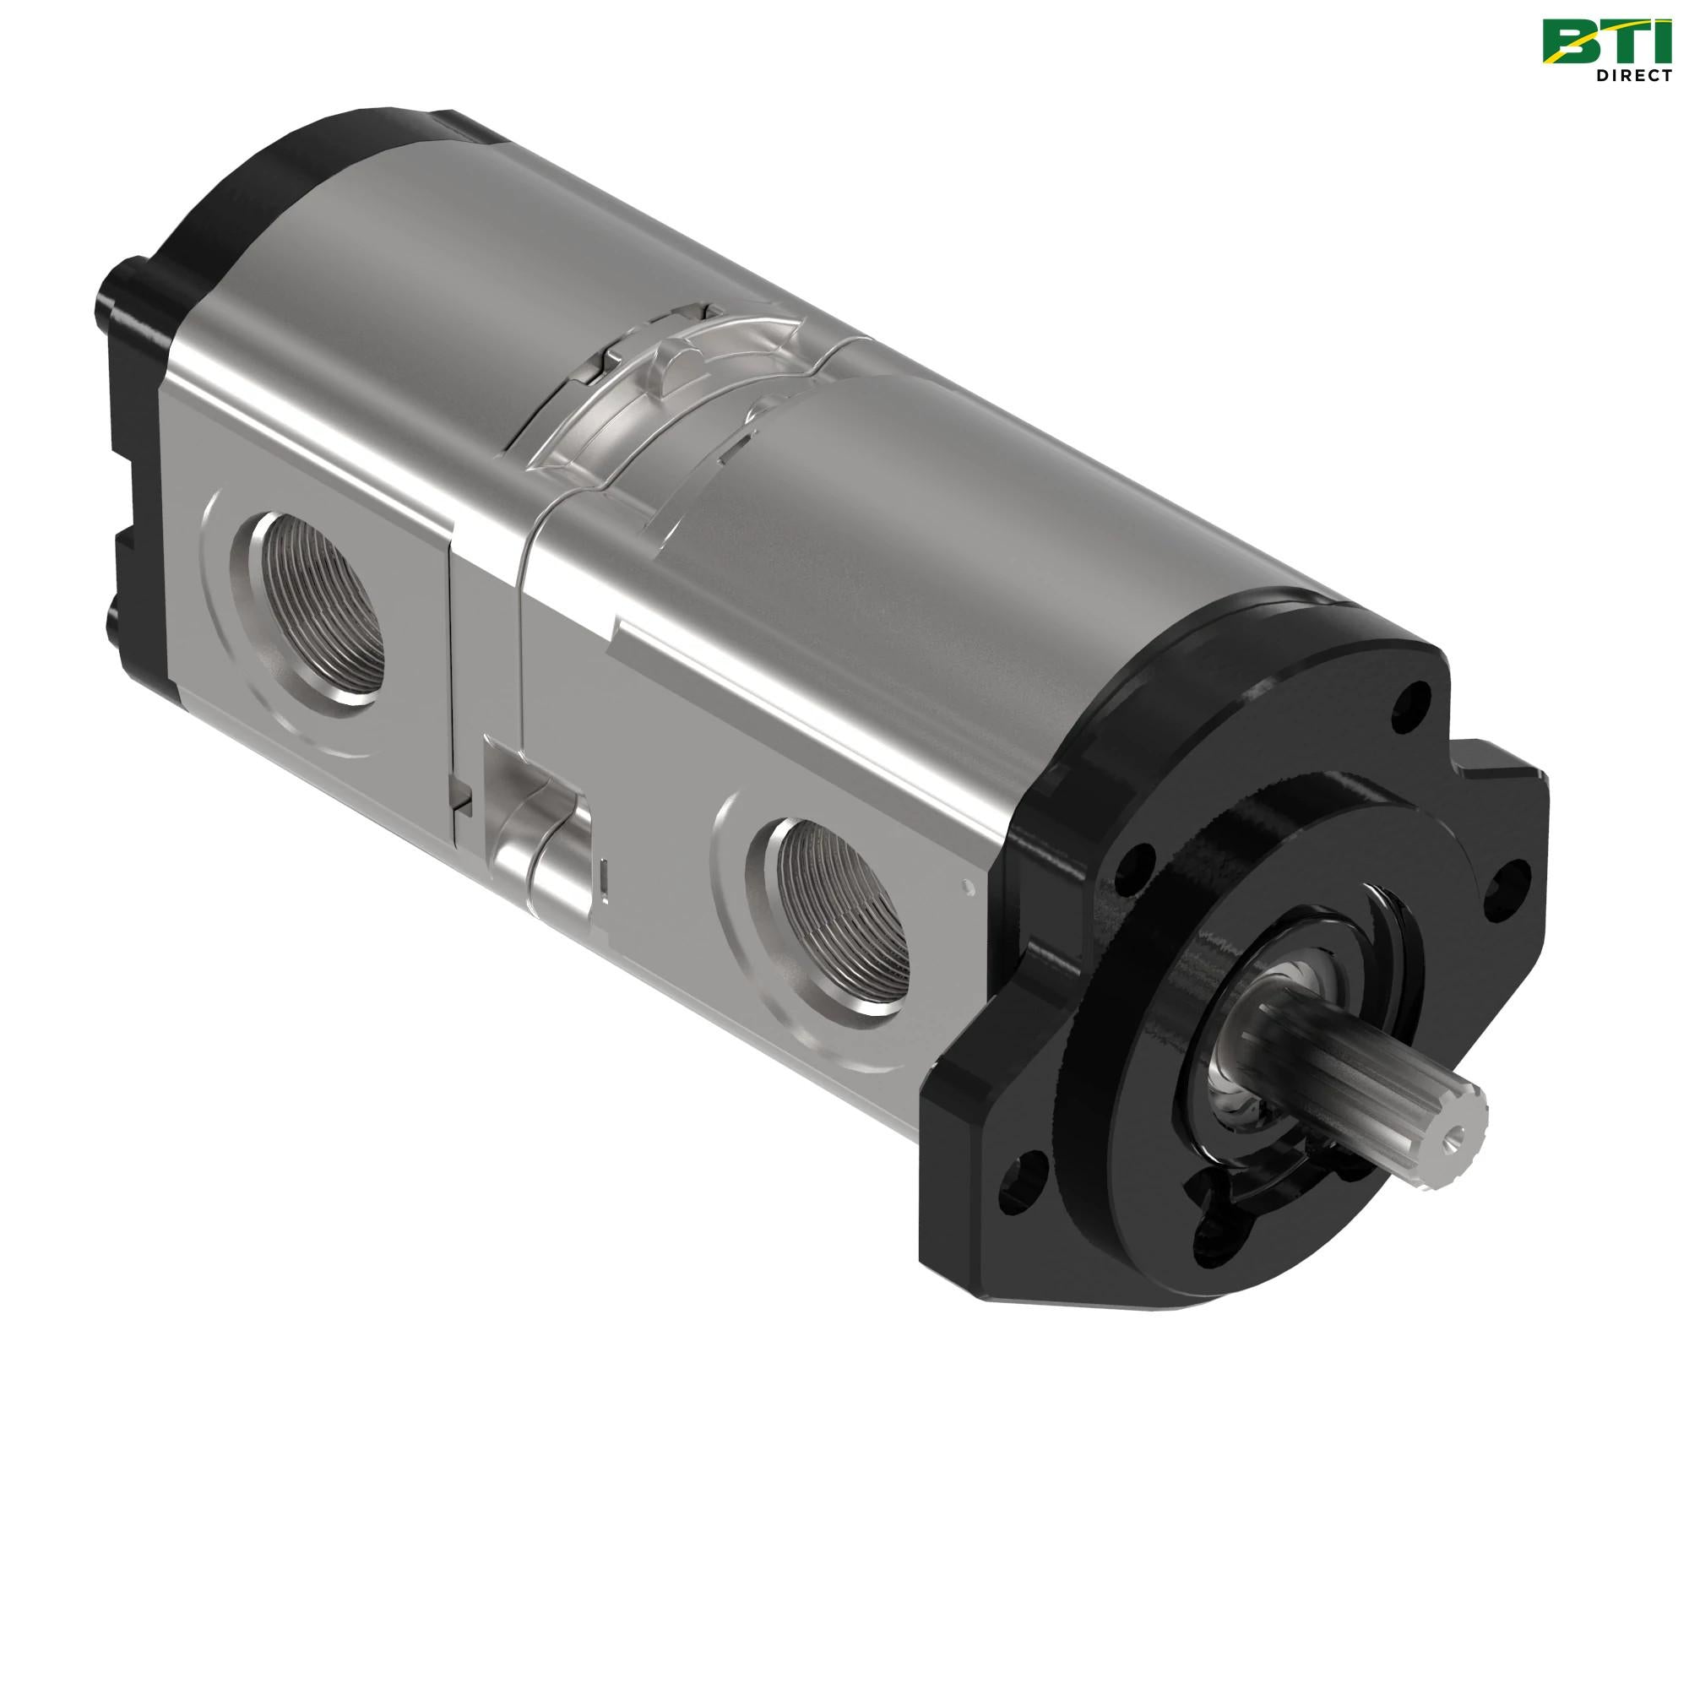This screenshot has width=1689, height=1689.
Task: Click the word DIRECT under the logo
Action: [x=1634, y=75]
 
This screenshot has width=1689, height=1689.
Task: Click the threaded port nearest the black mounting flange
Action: [x=840, y=917]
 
